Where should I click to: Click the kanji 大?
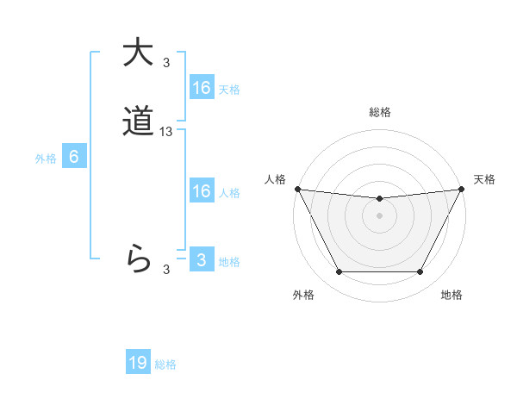[137, 53]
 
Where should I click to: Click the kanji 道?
[137, 123]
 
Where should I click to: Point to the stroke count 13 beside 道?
[166, 132]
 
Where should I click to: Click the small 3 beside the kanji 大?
[166, 62]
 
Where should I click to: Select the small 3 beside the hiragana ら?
[166, 270]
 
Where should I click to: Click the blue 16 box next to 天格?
[201, 88]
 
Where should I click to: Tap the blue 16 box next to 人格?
[201, 191]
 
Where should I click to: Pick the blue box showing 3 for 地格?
[201, 260]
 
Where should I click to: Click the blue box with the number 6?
[74, 157]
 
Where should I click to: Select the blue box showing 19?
[138, 363]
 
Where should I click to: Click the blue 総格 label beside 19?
[165, 364]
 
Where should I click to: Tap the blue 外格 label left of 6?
[46, 159]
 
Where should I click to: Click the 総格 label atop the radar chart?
[379, 112]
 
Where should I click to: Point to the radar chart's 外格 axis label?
[303, 295]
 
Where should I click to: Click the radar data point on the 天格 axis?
[462, 189]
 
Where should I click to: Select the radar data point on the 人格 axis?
[297, 189]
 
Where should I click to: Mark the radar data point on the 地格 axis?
[420, 272]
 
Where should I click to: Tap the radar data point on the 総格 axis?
[379, 199]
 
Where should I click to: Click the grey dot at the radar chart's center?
[379, 215]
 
